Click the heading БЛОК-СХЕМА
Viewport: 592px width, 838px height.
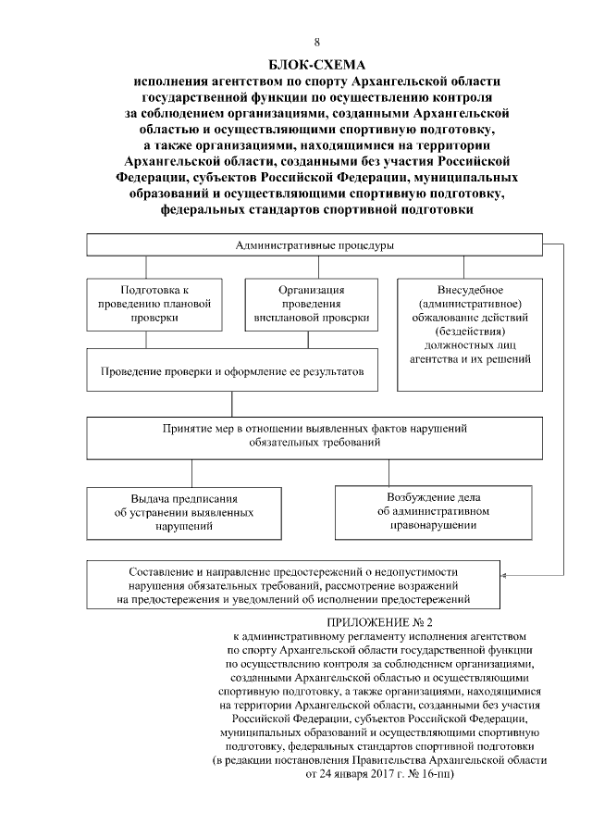[317, 65]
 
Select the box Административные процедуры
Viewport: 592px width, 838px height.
[314, 245]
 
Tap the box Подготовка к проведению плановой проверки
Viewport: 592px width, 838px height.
[154, 304]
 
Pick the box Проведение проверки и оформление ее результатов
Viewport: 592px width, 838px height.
[231, 371]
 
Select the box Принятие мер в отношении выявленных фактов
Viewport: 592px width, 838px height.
[314, 437]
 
